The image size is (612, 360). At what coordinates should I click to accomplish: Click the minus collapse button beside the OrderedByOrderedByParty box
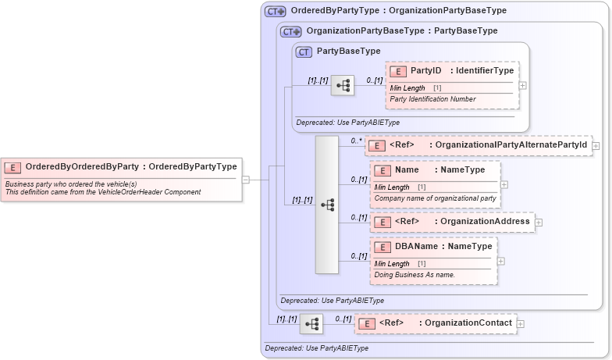coord(246,179)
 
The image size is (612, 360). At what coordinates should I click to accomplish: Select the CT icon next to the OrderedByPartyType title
coord(276,11)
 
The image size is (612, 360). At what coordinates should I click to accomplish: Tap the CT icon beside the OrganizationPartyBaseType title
coord(292,32)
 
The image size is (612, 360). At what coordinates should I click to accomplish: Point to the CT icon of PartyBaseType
coord(304,52)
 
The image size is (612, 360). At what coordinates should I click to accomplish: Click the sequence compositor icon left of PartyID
coord(342,86)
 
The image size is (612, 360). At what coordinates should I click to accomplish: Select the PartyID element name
coord(426,71)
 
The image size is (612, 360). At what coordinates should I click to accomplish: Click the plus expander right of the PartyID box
coord(522,86)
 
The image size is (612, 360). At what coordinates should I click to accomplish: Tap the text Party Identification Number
coord(432,99)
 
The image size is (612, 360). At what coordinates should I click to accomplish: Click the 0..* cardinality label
coord(357,141)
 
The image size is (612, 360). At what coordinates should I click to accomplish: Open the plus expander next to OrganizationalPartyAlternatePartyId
coord(596,145)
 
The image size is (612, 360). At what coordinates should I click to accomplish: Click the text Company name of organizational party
coord(434,198)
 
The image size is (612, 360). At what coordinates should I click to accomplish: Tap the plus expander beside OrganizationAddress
coord(539,223)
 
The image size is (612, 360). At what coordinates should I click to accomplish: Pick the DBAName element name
coord(417,247)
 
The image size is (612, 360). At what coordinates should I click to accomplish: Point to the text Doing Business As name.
coord(414,275)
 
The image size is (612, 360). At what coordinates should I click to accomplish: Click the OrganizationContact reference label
coord(465,323)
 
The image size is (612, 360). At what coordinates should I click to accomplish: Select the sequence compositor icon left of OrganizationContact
coord(312,324)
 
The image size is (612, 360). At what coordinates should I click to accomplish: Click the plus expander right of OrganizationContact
coord(521,323)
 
